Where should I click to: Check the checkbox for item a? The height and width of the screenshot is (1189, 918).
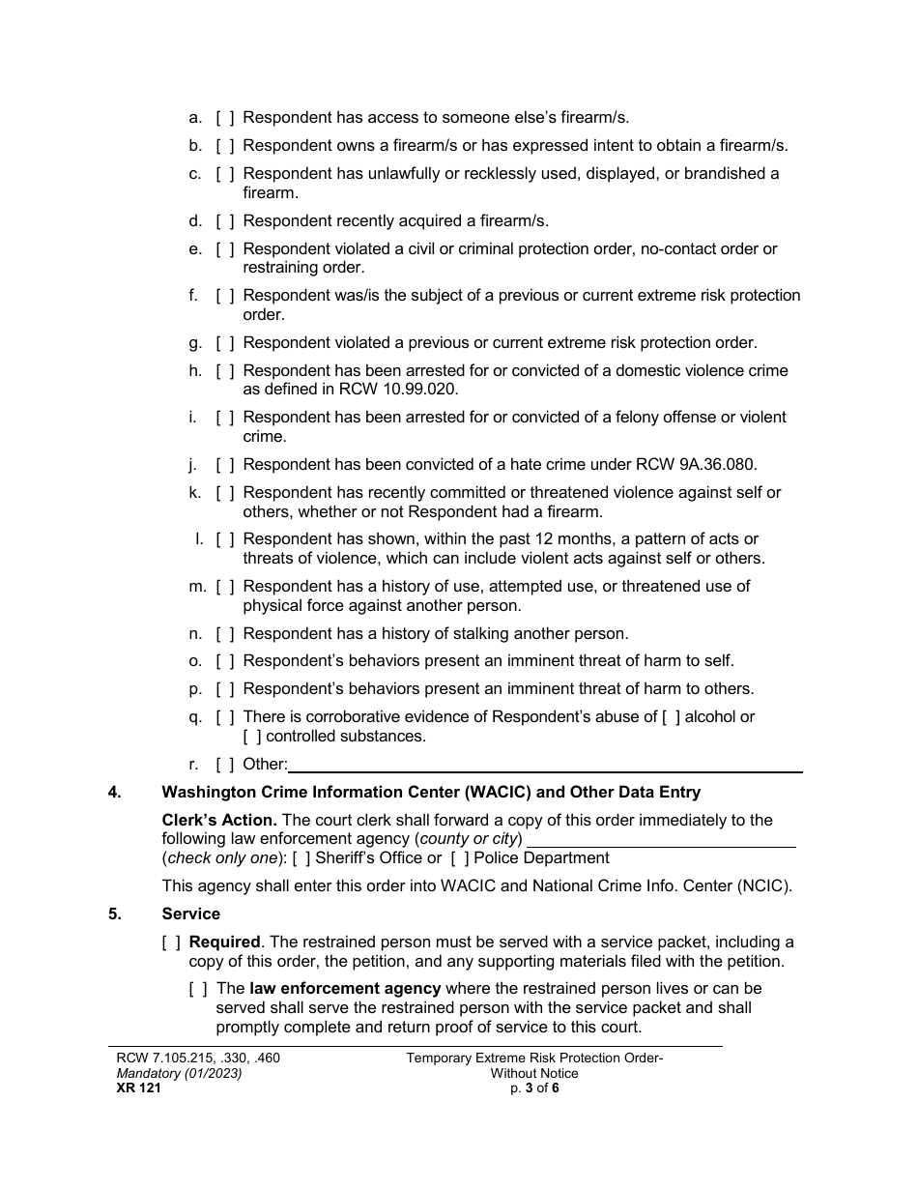coord(224,118)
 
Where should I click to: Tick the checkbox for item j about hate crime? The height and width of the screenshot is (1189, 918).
coord(224,464)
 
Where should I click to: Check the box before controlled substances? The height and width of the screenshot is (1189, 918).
coord(252,736)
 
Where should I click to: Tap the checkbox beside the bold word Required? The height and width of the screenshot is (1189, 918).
coord(171,942)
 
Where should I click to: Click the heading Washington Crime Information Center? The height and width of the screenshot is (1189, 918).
coord(430,792)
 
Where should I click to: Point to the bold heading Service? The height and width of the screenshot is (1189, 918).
coord(190,913)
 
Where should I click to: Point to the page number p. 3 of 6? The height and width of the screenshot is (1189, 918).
coord(534,1087)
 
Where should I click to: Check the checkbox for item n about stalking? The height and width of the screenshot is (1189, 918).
coord(224,633)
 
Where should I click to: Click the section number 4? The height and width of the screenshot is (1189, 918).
coord(115,792)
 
